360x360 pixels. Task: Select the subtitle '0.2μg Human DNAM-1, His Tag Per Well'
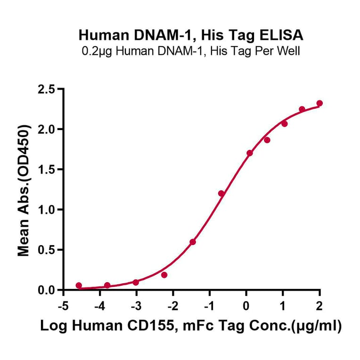coord(191,50)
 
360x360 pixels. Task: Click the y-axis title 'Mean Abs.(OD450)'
coord(24,190)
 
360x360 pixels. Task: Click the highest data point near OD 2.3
coord(319,103)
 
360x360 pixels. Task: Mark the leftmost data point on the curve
coord(79,286)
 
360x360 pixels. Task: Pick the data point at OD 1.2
coord(221,194)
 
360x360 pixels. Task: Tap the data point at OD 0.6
coord(193,242)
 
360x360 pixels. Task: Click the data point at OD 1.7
coord(250,153)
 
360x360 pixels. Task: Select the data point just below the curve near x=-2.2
coord(164,275)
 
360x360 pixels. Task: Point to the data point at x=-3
coord(136,282)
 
